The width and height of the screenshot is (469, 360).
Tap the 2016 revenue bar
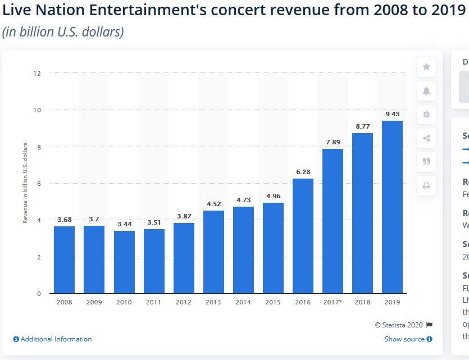pyautogui.click(x=303, y=236)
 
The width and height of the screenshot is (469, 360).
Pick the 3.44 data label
pyautogui.click(x=124, y=224)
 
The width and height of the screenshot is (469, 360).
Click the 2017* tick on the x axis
pyautogui.click(x=333, y=302)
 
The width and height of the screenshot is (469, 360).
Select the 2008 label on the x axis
pyautogui.click(x=64, y=302)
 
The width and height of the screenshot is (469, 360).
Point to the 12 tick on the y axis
pyautogui.click(x=38, y=73)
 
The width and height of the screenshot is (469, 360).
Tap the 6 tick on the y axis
pyautogui.click(x=39, y=184)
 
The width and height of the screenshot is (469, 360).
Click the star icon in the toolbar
pyautogui.click(x=426, y=67)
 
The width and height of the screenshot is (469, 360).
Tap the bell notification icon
pyautogui.click(x=426, y=91)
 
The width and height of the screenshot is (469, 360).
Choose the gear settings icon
pyautogui.click(x=426, y=115)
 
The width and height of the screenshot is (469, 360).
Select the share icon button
pyautogui.click(x=426, y=138)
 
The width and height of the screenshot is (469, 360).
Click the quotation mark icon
pyautogui.click(x=426, y=162)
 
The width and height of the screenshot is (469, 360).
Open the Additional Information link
pyautogui.click(x=52, y=339)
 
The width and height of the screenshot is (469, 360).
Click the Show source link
pyautogui.click(x=408, y=339)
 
